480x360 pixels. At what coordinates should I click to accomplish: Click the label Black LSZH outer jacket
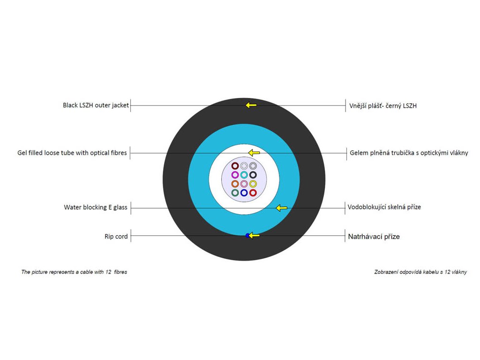(96, 105)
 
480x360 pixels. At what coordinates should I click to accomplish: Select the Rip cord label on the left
(116, 237)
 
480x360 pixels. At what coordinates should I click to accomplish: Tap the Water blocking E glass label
(96, 207)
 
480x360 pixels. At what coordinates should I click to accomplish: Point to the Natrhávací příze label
(374, 237)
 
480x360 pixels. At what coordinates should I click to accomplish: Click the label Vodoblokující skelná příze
(384, 207)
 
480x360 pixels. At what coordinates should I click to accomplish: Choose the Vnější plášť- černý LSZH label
(383, 105)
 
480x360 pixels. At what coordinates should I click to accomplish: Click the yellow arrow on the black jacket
(251, 105)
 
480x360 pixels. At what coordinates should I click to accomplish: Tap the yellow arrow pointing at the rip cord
(254, 235)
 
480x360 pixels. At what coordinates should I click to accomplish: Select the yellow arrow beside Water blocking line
(281, 208)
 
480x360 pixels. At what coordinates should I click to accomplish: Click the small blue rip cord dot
(247, 235)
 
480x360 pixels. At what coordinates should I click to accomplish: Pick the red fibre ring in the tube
(253, 193)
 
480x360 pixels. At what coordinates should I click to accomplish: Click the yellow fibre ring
(253, 184)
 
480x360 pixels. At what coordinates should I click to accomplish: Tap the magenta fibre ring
(235, 175)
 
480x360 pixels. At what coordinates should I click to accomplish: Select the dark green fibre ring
(235, 193)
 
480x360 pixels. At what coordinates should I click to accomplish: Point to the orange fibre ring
(235, 184)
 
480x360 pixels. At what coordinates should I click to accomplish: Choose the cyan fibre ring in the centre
(244, 175)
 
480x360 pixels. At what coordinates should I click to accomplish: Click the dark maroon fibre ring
(235, 166)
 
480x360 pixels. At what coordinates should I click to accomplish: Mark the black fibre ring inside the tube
(253, 175)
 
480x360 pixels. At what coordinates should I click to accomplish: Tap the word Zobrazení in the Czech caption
(386, 272)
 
